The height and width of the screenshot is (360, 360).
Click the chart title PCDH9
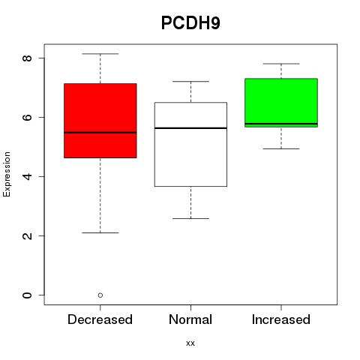tap(190, 23)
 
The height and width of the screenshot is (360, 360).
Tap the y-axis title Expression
tap(7, 174)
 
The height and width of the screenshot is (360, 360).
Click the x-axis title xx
tap(190, 343)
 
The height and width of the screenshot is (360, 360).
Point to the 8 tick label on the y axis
tap(27, 58)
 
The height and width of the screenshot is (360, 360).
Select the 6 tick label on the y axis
tap(27, 117)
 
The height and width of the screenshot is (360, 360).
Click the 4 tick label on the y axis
tap(27, 176)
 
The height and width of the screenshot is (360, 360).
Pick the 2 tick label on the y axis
tap(27, 235)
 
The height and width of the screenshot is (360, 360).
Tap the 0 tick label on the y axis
tap(27, 295)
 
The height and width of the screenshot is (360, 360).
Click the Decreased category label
tap(100, 319)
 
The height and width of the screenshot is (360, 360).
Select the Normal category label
tap(190, 319)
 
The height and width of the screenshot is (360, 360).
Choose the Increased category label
tap(281, 319)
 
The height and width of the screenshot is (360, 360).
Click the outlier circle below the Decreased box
tap(100, 295)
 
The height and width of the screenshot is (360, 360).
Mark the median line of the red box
tap(100, 133)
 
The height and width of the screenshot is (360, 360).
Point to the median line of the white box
tap(190, 128)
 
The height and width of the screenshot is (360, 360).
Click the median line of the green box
tap(281, 124)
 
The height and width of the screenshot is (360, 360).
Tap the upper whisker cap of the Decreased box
tap(100, 54)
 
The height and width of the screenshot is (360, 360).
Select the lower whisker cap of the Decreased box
tap(100, 232)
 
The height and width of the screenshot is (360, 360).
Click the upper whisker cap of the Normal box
tap(190, 82)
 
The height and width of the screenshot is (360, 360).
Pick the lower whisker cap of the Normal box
tap(190, 218)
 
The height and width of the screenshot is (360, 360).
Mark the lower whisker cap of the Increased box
tap(281, 148)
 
